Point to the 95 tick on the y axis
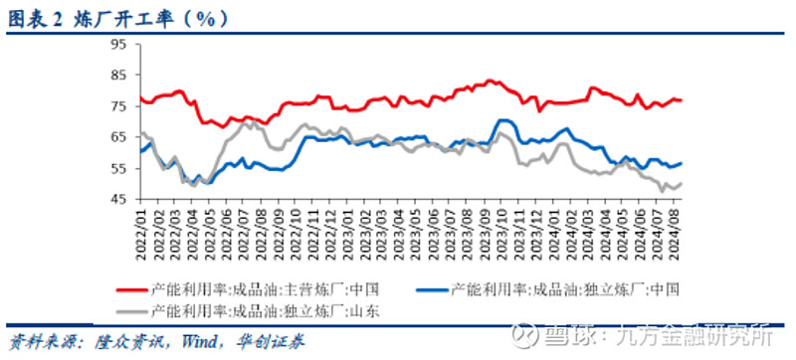pos(118,45)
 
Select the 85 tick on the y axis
pos(118,76)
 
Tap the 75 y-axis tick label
pos(118,106)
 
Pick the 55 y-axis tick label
pos(118,169)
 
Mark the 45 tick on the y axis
pos(118,200)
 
